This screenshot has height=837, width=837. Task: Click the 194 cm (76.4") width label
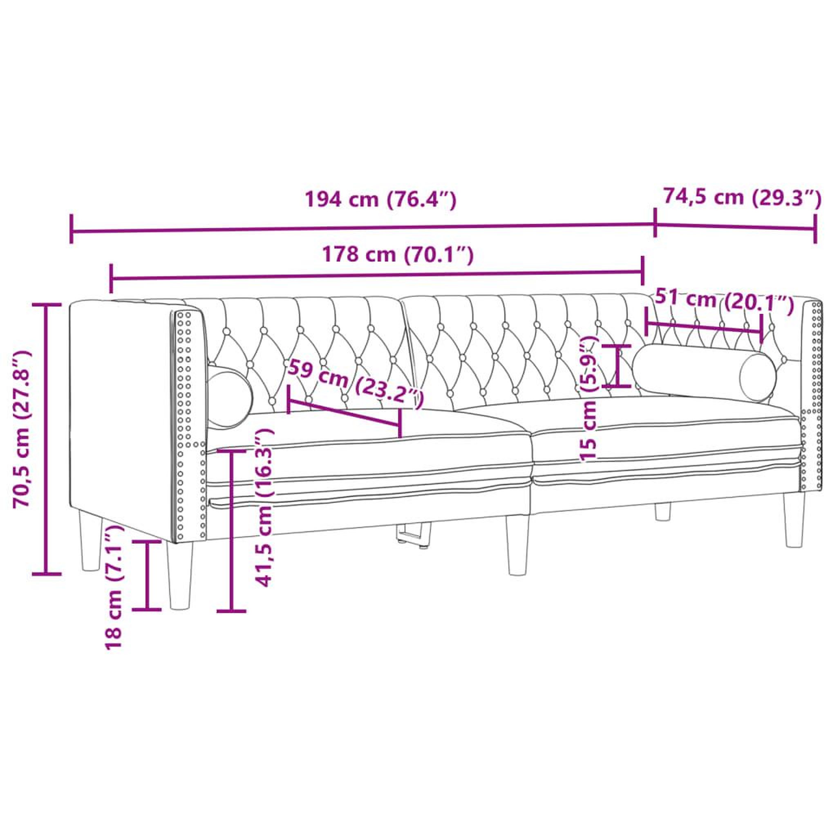(381, 200)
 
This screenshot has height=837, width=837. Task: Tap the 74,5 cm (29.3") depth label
(743, 197)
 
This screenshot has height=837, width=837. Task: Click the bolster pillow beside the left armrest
(230, 397)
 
